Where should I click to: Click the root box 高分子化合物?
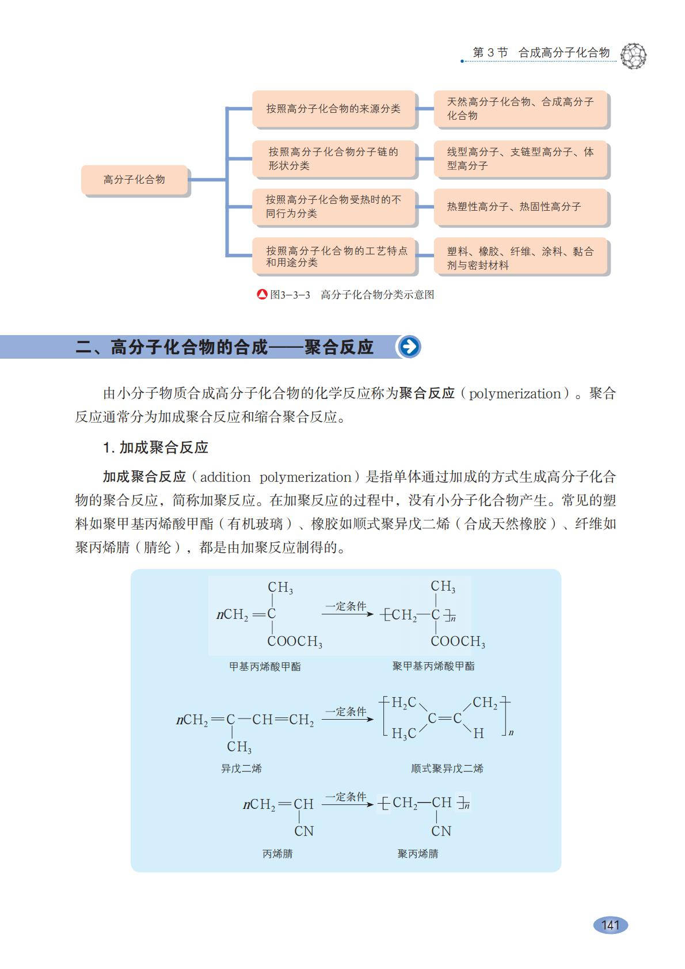point(135,180)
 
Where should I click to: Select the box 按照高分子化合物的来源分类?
point(333,109)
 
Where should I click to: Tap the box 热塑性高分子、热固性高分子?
point(520,207)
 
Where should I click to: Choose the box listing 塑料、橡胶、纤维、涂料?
point(520,258)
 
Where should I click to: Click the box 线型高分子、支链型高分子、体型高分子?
point(520,159)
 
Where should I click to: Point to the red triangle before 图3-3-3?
point(262,295)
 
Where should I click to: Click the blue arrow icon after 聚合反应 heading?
point(409,347)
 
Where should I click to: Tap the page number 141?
point(610,925)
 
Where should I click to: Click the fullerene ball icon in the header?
point(634,56)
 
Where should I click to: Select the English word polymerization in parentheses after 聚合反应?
point(515,394)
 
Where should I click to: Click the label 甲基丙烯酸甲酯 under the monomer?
point(265,667)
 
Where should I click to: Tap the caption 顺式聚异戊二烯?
point(447,769)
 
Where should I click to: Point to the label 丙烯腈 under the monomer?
point(277,854)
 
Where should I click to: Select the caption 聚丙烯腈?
point(418,854)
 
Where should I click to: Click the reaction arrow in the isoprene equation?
point(347,720)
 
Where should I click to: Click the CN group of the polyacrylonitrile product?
point(441,831)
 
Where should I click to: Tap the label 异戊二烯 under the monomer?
point(241,769)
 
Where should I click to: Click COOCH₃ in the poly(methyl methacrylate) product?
point(458,641)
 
